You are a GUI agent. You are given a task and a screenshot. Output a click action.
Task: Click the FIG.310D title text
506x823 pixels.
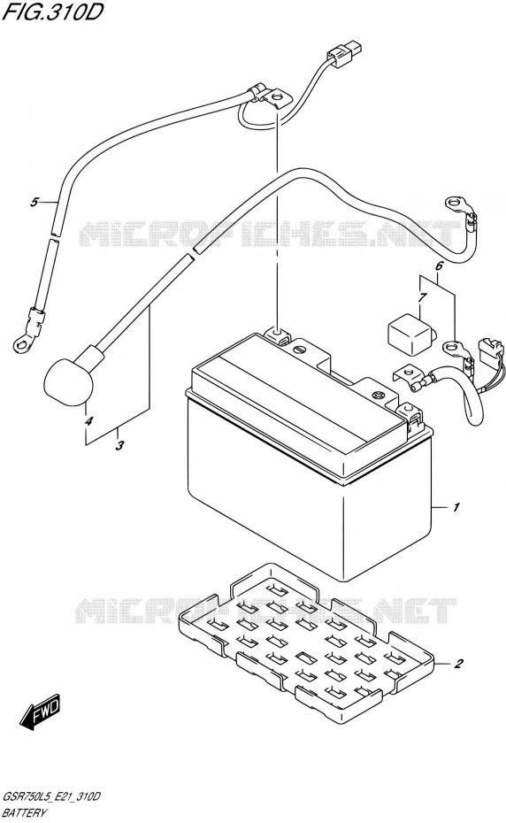[x=51, y=12]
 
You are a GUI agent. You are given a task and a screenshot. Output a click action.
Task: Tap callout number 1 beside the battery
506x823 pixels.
[x=456, y=507]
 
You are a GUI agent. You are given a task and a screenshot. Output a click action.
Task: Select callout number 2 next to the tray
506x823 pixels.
[x=458, y=664]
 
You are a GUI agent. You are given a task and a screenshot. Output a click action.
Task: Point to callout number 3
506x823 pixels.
[x=119, y=446]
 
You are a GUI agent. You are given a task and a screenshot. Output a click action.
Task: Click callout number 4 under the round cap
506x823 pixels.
[x=88, y=421]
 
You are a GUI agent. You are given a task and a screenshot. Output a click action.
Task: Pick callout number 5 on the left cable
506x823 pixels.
[x=34, y=202]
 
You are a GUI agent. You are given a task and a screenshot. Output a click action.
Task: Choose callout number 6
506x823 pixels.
[x=439, y=265]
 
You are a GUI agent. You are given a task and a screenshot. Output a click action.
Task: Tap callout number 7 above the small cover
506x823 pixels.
[x=423, y=298]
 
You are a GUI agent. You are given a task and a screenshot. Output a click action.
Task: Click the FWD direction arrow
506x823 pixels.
[x=41, y=712]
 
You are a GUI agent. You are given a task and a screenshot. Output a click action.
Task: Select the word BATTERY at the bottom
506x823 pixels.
[x=25, y=812]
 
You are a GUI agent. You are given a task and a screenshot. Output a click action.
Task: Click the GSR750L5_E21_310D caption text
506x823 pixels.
[x=51, y=796]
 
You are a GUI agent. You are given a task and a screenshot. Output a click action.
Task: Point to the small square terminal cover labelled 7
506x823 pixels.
[x=410, y=334]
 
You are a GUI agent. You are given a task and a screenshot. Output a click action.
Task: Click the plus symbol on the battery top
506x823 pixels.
[x=379, y=395]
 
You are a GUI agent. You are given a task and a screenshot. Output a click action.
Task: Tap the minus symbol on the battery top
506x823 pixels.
[x=300, y=349]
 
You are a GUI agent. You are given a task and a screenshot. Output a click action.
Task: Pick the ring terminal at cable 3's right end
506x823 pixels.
[x=455, y=202]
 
